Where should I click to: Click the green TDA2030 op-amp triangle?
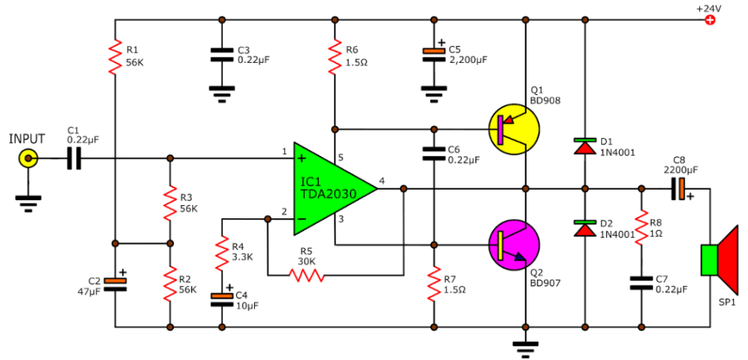(329, 189)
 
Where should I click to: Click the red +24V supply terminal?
(708, 20)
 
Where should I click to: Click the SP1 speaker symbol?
(720, 261)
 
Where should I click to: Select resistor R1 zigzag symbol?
(115, 58)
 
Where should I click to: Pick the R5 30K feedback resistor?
(306, 275)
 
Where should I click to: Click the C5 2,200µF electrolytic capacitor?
(434, 54)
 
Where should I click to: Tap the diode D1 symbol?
(584, 145)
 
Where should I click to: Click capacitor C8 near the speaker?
(678, 189)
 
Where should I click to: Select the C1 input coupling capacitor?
(74, 158)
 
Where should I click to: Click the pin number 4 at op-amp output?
(382, 180)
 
